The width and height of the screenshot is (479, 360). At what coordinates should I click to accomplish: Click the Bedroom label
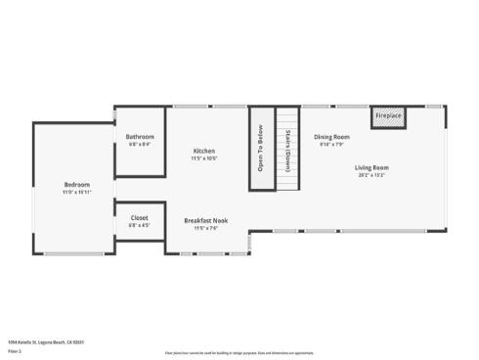(77, 185)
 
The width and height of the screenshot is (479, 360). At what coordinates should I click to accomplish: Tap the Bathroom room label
(140, 137)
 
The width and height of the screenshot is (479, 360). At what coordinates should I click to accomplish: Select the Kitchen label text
(204, 151)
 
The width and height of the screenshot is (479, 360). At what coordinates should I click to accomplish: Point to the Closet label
(140, 218)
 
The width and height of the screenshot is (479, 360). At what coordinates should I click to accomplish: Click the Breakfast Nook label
(205, 221)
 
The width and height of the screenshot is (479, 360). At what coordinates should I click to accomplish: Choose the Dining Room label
(331, 137)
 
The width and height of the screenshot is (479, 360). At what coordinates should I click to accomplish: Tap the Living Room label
(370, 167)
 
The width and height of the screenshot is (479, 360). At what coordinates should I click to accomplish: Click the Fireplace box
(388, 116)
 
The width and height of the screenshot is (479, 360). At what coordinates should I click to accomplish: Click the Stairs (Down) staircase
(286, 151)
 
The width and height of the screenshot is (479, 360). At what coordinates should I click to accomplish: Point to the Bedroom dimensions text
(77, 193)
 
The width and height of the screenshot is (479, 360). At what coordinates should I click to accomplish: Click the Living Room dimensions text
(370, 175)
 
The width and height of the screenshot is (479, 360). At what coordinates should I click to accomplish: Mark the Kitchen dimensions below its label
(204, 158)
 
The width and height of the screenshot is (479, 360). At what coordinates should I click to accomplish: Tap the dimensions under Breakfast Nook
(205, 229)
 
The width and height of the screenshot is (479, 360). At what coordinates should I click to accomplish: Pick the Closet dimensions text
(140, 225)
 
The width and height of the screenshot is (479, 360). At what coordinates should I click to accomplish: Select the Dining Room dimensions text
(331, 144)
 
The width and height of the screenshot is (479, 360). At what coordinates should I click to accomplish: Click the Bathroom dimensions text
(140, 145)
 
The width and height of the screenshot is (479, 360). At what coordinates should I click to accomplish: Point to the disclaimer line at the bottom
(239, 352)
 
